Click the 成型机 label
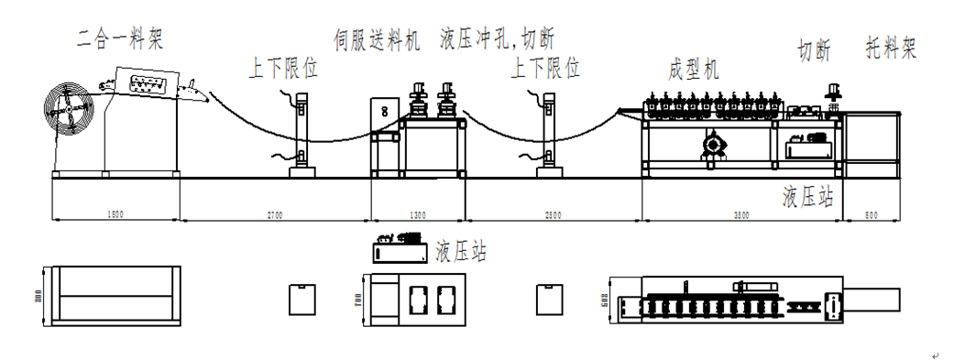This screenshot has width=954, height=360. (x=696, y=69)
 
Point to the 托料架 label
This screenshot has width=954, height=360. (x=891, y=48)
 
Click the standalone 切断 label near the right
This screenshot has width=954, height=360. (x=815, y=51)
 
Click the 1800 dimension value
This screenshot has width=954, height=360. (x=115, y=214)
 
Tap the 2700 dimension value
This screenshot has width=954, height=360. (x=275, y=214)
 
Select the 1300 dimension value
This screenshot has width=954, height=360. (x=417, y=214)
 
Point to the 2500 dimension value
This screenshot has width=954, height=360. (x=554, y=214)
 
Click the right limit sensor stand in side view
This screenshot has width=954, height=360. (x=549, y=137)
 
